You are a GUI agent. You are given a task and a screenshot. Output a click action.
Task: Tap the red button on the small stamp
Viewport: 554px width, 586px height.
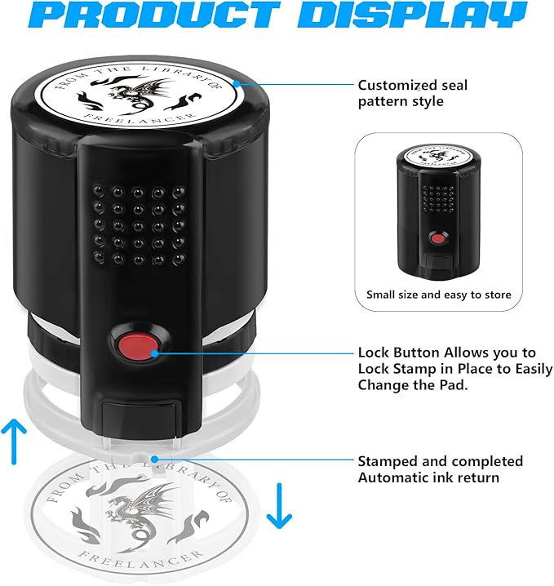click(438, 238)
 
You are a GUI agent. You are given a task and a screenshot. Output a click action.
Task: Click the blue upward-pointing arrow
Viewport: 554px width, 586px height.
click(14, 442)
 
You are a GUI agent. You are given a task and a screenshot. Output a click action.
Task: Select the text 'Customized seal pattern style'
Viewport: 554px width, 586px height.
click(412, 93)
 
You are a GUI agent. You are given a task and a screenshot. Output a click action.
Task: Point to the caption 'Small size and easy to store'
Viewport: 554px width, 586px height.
click(439, 295)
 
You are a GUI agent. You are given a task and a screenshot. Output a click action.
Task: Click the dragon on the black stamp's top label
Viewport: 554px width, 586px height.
click(138, 96)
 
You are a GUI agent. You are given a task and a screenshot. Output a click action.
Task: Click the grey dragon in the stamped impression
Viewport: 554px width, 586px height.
click(141, 511)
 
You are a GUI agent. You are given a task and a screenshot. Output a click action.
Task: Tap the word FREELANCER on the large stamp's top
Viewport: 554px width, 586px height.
click(139, 119)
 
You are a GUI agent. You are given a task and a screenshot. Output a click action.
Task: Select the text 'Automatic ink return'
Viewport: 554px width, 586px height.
click(428, 477)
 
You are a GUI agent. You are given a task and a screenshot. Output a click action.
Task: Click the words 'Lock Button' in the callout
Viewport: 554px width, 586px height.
click(399, 353)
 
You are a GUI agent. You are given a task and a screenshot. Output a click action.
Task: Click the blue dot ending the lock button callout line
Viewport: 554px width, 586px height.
click(155, 353)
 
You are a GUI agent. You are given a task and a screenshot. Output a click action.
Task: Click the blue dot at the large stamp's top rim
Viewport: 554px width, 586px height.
click(237, 83)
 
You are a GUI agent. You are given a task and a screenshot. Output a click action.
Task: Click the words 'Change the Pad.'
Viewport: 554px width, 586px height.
click(413, 385)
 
